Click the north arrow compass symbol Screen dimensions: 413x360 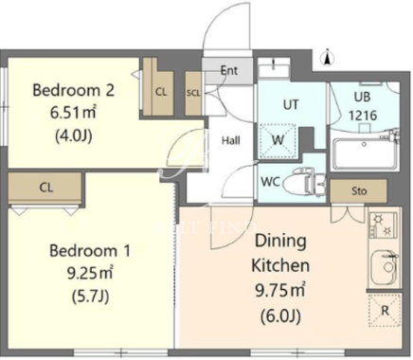(328, 58)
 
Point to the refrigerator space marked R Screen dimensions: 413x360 (385, 310)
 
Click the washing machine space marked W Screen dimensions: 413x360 (278, 141)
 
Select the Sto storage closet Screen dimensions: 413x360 (359, 190)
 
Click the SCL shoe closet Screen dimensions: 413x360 (193, 93)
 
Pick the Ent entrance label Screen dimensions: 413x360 (229, 70)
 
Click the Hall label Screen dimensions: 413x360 (231, 140)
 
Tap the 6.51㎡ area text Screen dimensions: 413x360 (73, 113)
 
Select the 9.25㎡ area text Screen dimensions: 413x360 (90, 273)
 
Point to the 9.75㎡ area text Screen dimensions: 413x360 (280, 290)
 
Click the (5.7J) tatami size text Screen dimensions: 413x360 (90, 297)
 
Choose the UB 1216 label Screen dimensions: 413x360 (363, 106)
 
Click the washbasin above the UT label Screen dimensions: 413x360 (274, 67)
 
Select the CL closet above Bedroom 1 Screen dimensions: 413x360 (46, 188)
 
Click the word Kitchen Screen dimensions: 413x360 (280, 265)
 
